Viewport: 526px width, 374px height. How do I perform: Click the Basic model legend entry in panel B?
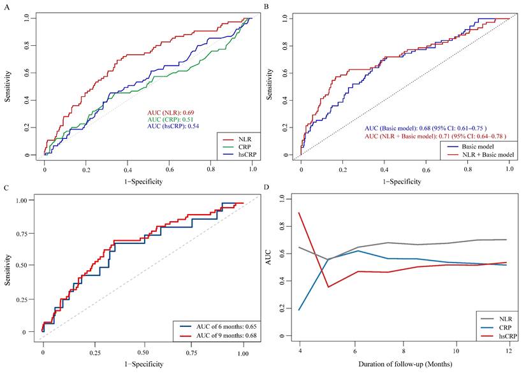482,146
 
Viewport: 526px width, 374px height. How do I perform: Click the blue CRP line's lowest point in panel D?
299,310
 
